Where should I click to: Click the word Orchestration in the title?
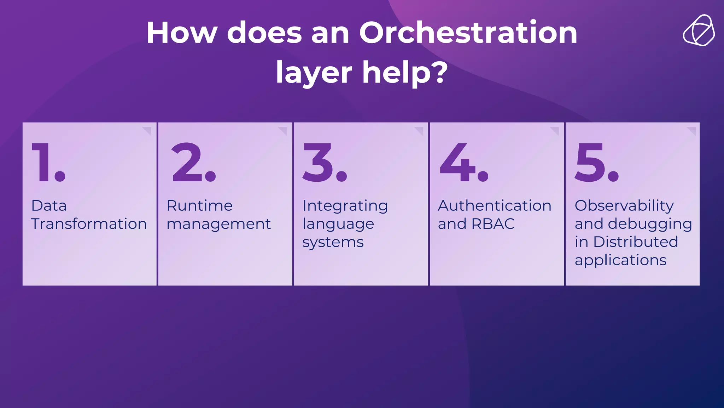click(x=468, y=33)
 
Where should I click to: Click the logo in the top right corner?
click(x=699, y=31)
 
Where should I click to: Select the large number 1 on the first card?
click(x=42, y=163)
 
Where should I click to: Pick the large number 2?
click(x=187, y=163)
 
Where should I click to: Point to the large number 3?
click(x=318, y=163)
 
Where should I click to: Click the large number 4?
click(x=457, y=163)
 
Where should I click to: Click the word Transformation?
click(x=89, y=224)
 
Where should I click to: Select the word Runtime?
click(x=199, y=205)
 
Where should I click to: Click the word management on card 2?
click(x=218, y=224)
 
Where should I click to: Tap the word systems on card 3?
click(x=333, y=243)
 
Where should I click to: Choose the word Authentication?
click(x=495, y=205)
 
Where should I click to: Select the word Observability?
click(x=624, y=206)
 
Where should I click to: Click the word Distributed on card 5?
click(x=636, y=242)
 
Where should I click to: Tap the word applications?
click(x=620, y=261)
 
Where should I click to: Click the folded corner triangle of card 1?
click(x=148, y=130)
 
